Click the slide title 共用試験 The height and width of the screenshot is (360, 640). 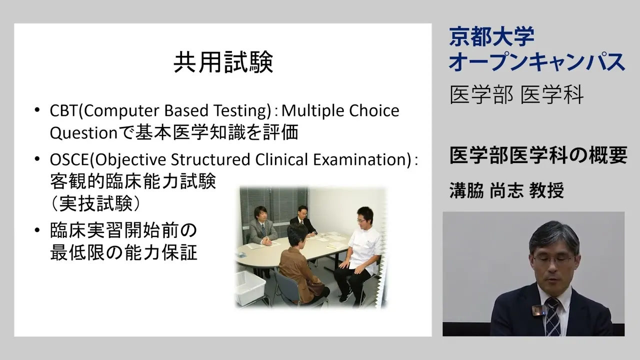(223, 62)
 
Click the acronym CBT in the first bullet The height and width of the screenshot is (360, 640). (63, 111)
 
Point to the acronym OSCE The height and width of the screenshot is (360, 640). (69, 159)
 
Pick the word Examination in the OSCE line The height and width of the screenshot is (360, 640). (361, 159)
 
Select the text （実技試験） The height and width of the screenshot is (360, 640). (95, 203)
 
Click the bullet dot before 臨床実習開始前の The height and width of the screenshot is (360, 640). (37, 230)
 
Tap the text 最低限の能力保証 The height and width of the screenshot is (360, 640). (123, 252)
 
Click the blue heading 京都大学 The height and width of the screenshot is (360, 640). (491, 36)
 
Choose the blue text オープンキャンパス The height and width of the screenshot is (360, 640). (537, 61)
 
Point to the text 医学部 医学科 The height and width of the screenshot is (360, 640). (516, 94)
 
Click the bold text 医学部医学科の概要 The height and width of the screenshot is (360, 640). (538, 155)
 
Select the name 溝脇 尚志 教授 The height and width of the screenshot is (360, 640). (507, 190)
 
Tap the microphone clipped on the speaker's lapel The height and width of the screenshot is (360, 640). (537, 310)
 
